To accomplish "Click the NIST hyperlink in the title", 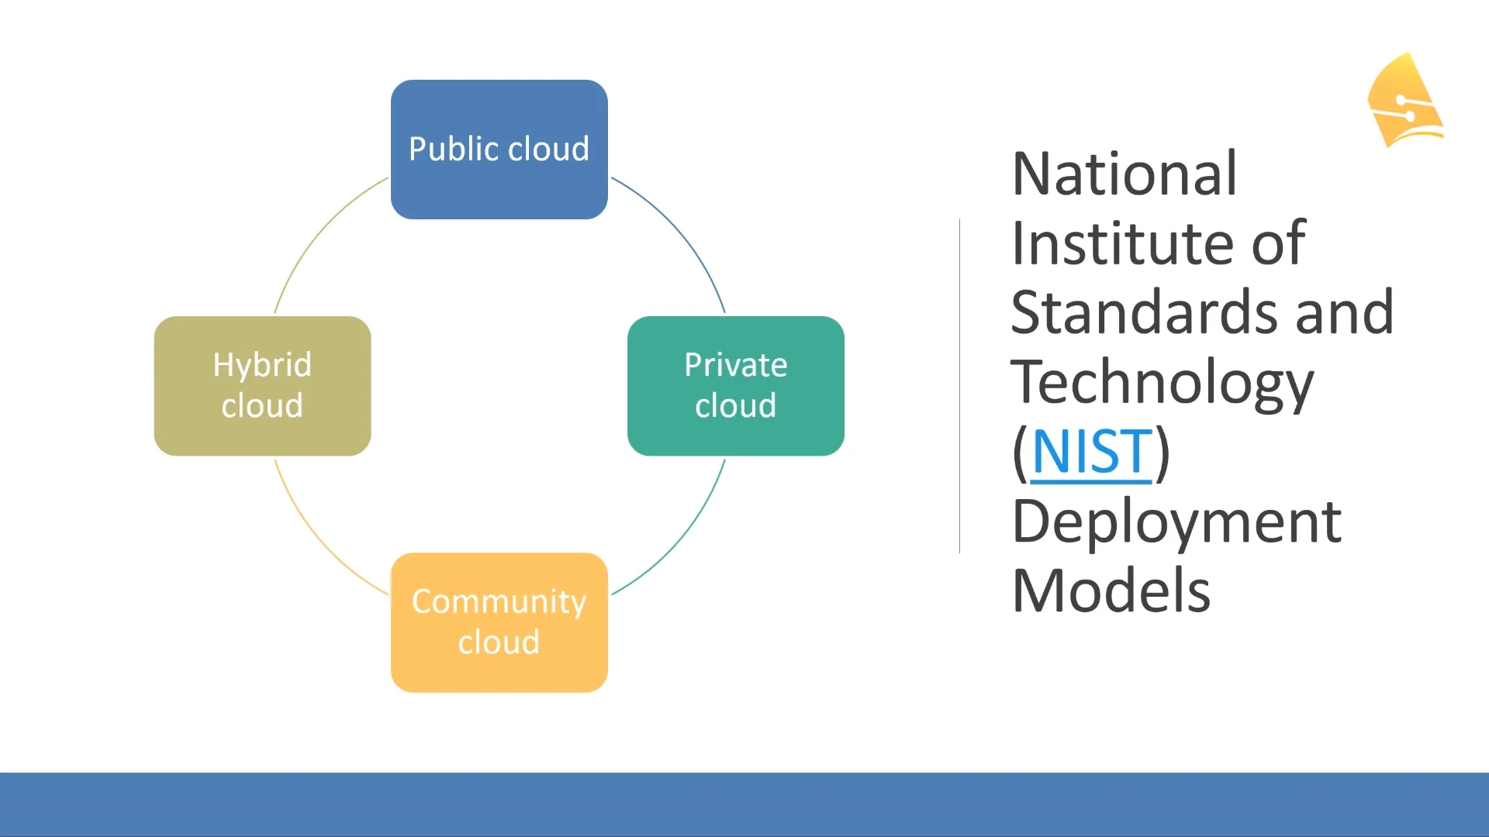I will (x=1091, y=452).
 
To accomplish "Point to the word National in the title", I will (x=1124, y=174).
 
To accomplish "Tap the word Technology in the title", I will (x=1162, y=383).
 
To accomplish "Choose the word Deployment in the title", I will (x=1176, y=522).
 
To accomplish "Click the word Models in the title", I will (x=1111, y=591).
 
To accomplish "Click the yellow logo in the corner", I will (x=1404, y=100).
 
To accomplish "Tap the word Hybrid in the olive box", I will (x=262, y=365).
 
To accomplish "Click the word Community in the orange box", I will (x=499, y=602).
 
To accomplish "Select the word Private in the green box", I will (x=735, y=365).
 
